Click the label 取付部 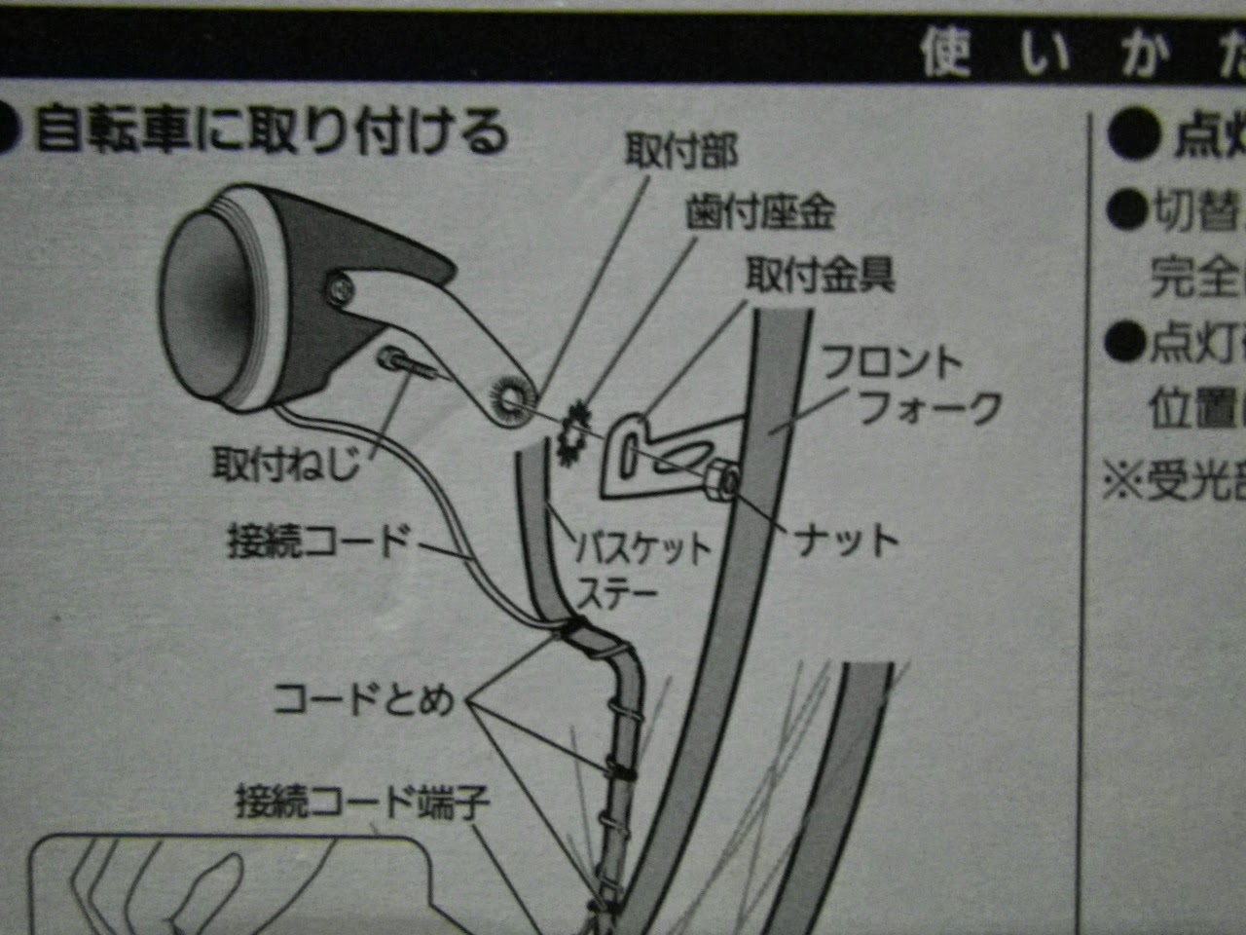tap(681, 152)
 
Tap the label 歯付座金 tap(760, 211)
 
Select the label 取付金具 tap(820, 276)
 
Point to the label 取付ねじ tap(286, 465)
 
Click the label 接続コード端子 tap(362, 804)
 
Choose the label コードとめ tap(363, 698)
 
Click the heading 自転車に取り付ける tap(272, 131)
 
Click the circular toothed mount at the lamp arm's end tap(509, 399)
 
